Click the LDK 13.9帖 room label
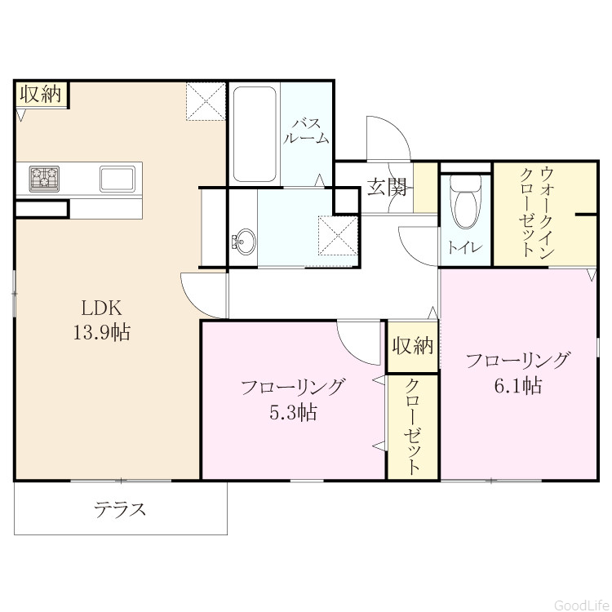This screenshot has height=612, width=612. pos(101,320)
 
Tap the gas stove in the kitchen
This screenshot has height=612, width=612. pos(45,179)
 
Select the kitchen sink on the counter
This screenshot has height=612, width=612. pos(118,179)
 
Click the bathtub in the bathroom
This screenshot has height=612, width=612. pos(255,134)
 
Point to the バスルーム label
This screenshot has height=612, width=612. pos(306,131)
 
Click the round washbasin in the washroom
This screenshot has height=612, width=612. pos(244,242)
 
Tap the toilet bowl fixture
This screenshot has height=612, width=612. pos(465,201)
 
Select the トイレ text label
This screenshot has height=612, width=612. pos(465,247)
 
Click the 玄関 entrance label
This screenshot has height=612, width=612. pos(387,188)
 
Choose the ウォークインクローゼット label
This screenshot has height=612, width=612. pos(536,211)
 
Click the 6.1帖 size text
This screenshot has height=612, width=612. pos(518,386)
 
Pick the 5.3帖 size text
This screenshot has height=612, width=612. pos(293,412)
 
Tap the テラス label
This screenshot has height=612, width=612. pos(120,509)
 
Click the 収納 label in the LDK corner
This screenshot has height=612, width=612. pos(41,94)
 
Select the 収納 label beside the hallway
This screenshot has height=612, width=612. pos(413,345)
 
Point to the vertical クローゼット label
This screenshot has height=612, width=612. pos(413,427)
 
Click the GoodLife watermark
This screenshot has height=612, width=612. pos(582,605)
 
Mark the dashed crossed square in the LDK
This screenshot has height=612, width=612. pos(206,100)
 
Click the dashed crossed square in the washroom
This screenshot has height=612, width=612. pos(338,235)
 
